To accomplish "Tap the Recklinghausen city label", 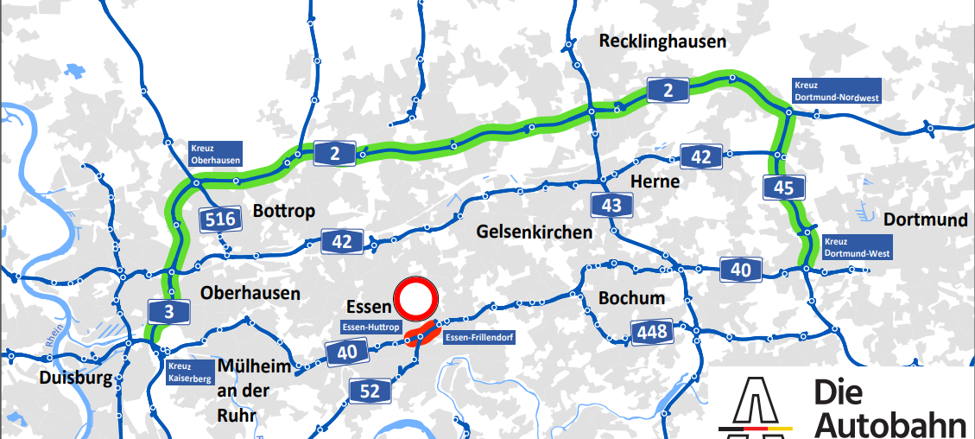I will point(662,41).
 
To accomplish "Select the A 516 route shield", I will point(221,219).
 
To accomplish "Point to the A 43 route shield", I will point(611,205).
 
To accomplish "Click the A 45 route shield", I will point(784,186).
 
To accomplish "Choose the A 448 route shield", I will point(653,332).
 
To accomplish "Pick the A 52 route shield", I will point(370,391).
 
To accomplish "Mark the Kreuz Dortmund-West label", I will point(856,248).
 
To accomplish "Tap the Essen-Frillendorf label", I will point(478,337).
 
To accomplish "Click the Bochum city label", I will point(631,298).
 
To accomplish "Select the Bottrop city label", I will point(283,211).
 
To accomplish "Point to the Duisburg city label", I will point(75,379).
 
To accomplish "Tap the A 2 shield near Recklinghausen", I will point(668,89).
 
